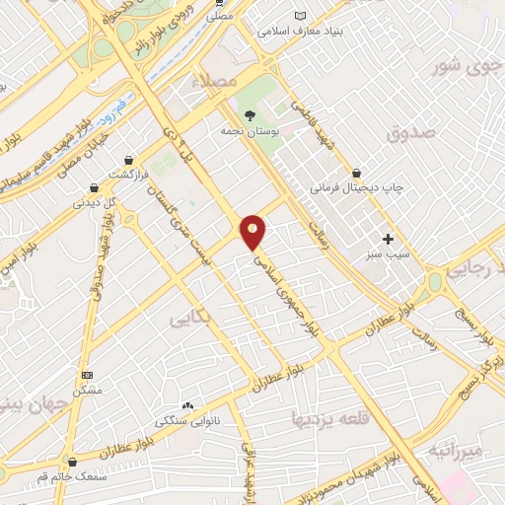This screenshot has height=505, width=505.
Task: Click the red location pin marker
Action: click(x=253, y=231)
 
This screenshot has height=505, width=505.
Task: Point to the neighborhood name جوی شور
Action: click(x=462, y=67)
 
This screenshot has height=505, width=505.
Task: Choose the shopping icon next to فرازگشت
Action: click(x=129, y=159)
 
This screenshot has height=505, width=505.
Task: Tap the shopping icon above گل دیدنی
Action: click(x=95, y=186)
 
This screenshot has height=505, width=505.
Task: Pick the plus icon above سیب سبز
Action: click(x=389, y=239)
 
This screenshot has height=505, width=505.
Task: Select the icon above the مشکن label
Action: click(x=88, y=375)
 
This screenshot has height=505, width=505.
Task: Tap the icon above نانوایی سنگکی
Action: click(x=187, y=405)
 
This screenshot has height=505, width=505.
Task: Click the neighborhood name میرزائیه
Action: click(x=458, y=450)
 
